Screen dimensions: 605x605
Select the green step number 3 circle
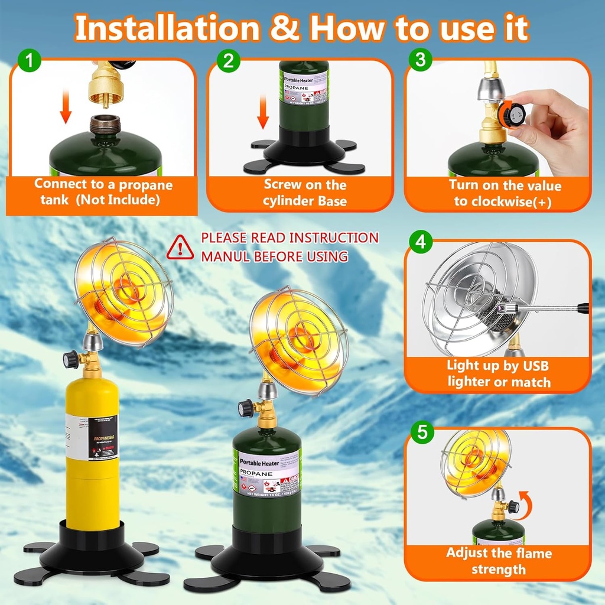coord(421,59)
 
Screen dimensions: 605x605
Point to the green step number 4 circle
coord(421,242)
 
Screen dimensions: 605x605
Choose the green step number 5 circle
coord(421,431)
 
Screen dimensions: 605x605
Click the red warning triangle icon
coord(180,248)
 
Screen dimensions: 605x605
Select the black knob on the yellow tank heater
coord(71,359)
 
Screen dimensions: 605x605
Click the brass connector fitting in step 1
coord(105,88)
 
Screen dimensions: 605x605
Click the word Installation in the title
coord(167,28)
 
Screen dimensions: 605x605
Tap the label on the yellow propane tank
coord(92,437)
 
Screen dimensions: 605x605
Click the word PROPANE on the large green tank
coord(256,473)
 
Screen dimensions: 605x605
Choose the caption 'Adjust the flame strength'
coord(498,561)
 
